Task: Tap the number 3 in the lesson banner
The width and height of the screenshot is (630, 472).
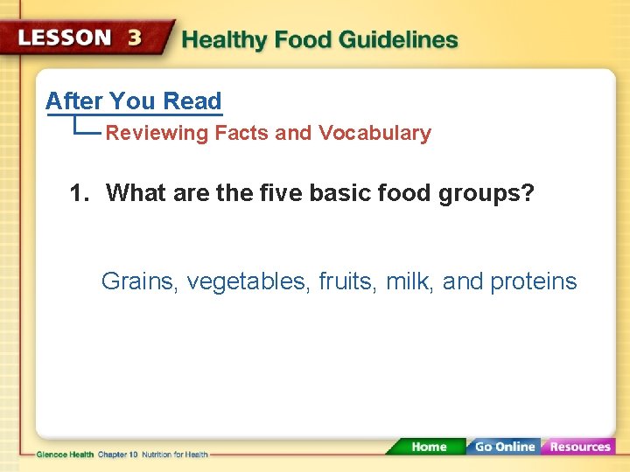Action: pyautogui.click(x=136, y=38)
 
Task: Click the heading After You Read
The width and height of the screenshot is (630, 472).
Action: pyautogui.click(x=133, y=101)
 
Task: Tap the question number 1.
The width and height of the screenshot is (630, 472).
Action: pyautogui.click(x=79, y=192)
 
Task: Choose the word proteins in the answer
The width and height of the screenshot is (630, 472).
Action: pyautogui.click(x=533, y=282)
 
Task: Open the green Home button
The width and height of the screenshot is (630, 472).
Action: pyautogui.click(x=428, y=447)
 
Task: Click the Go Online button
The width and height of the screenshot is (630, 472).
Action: pyautogui.click(x=505, y=447)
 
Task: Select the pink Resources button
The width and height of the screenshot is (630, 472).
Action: pyautogui.click(x=579, y=447)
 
